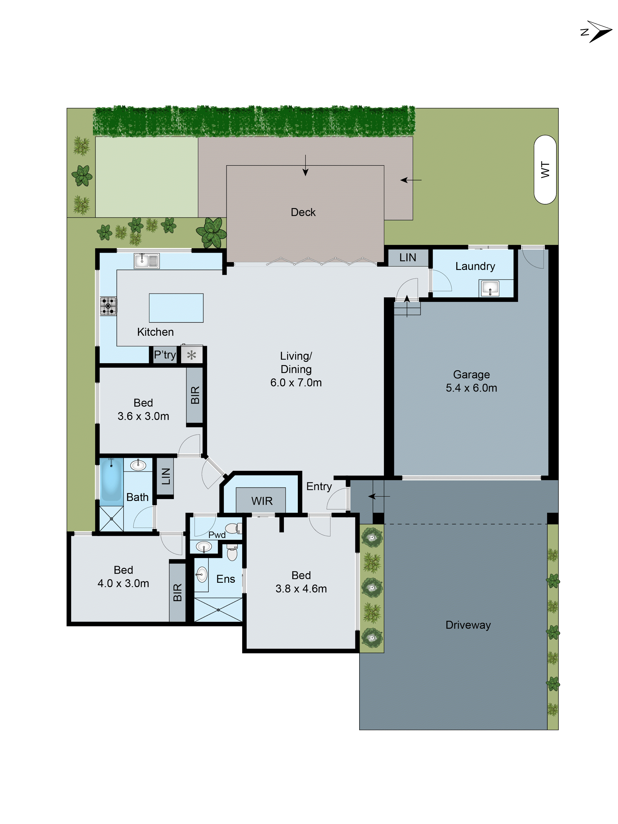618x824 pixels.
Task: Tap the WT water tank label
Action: click(x=545, y=170)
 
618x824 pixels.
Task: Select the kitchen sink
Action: click(x=146, y=261)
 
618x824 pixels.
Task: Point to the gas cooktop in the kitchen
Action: click(x=108, y=306)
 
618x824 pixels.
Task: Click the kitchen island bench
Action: click(x=176, y=308)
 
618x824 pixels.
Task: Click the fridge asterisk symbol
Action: click(x=191, y=355)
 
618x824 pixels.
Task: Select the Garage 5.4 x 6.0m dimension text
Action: click(x=471, y=388)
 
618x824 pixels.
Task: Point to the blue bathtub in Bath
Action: click(x=111, y=481)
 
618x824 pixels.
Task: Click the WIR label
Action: click(x=262, y=501)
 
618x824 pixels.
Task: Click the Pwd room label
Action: click(x=217, y=535)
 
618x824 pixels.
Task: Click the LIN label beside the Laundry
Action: click(x=407, y=257)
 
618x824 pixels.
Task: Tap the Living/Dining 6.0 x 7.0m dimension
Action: click(x=296, y=383)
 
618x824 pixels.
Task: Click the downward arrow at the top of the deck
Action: click(x=305, y=166)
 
